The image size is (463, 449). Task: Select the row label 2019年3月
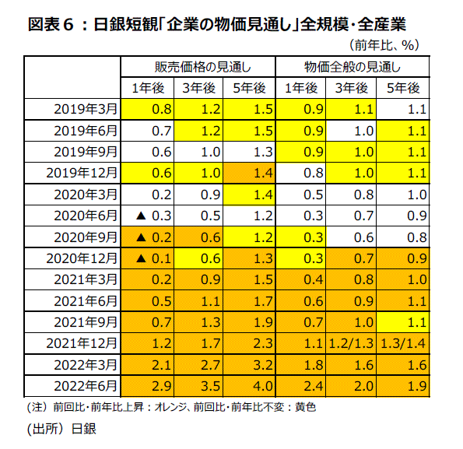click(x=86, y=109)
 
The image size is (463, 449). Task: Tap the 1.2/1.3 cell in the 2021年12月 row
click(x=351, y=344)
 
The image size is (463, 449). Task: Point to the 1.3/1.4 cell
click(x=403, y=344)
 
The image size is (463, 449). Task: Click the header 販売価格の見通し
click(x=203, y=67)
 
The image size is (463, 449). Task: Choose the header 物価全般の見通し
click(x=353, y=67)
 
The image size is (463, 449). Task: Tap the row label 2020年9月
click(x=86, y=237)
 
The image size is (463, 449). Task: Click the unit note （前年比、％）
click(x=384, y=45)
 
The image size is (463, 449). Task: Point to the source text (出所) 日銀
click(x=61, y=429)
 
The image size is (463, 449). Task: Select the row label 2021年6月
click(x=86, y=301)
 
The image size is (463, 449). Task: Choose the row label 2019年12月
click(x=82, y=173)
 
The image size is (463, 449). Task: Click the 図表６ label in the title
click(x=51, y=24)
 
